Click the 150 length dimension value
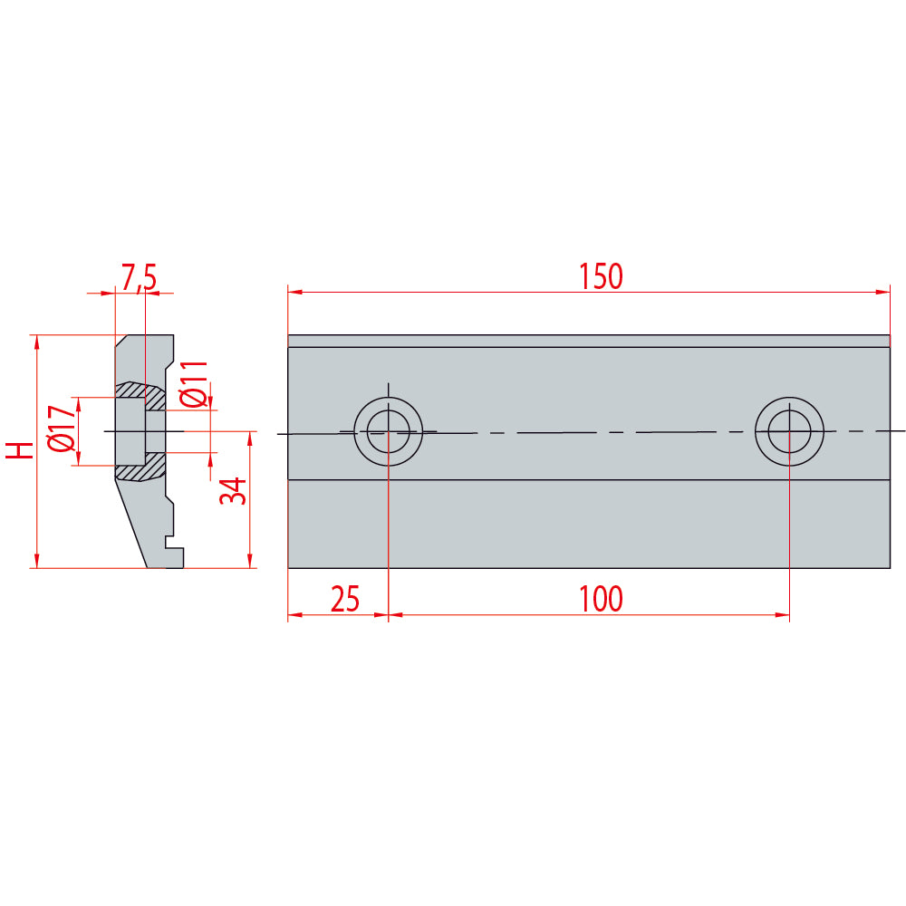[x=602, y=276]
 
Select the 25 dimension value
[x=345, y=599]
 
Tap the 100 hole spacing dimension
[x=602, y=599]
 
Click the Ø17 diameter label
[x=62, y=429]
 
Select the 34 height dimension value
[x=232, y=491]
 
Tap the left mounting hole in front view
[x=388, y=430]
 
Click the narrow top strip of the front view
[x=589, y=341]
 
